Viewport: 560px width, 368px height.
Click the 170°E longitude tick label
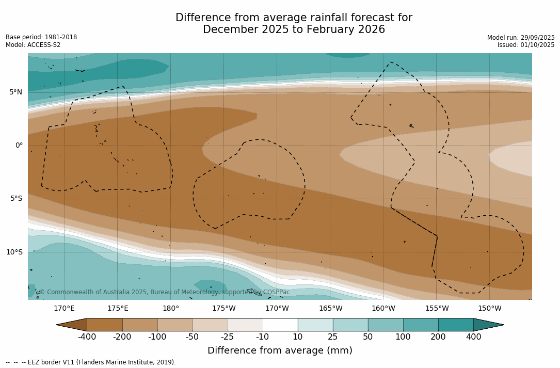(x=64, y=309)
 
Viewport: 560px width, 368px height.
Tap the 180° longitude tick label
(x=171, y=309)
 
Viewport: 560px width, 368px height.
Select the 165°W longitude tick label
(x=330, y=309)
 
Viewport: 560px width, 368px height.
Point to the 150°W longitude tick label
(x=489, y=309)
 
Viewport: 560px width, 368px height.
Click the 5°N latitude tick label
(x=15, y=92)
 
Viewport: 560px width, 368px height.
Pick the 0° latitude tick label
(x=19, y=146)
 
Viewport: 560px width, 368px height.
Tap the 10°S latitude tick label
(x=14, y=252)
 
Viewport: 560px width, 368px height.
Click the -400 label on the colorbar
(x=87, y=337)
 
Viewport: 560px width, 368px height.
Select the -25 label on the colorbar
(x=228, y=337)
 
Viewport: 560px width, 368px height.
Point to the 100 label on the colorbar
(x=403, y=337)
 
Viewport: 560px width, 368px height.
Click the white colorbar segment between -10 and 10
(x=280, y=325)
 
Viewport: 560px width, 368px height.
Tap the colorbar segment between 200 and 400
(x=456, y=325)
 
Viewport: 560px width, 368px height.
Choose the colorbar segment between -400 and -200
(x=105, y=325)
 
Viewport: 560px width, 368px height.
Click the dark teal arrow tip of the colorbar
(x=488, y=325)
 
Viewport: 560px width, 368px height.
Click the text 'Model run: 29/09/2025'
(x=520, y=38)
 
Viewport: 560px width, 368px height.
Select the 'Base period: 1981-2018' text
(x=41, y=37)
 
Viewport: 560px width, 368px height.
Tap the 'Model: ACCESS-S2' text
(x=33, y=45)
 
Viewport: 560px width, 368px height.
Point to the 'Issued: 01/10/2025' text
(x=525, y=45)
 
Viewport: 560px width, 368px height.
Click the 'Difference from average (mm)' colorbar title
(x=280, y=351)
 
